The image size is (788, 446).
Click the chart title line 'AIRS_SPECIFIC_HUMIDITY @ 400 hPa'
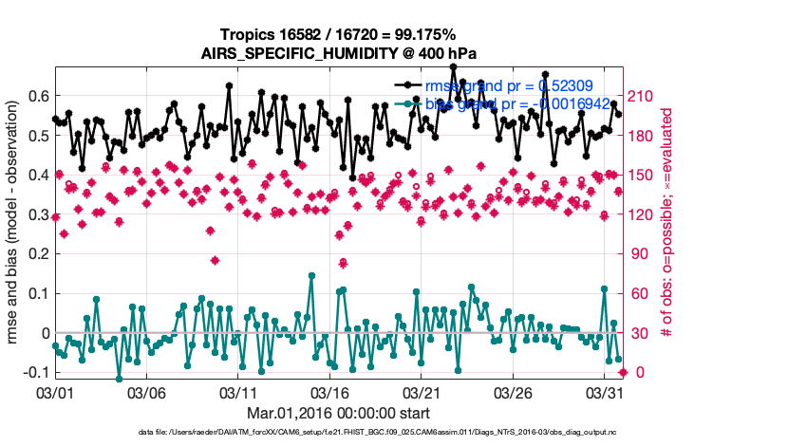pyautogui.click(x=340, y=54)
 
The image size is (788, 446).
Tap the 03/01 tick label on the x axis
pyautogui.click(x=55, y=391)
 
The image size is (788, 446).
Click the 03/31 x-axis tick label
pyautogui.click(x=605, y=391)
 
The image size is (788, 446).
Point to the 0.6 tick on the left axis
pyautogui.click(x=39, y=96)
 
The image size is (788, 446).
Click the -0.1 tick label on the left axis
pyautogui.click(x=36, y=373)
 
